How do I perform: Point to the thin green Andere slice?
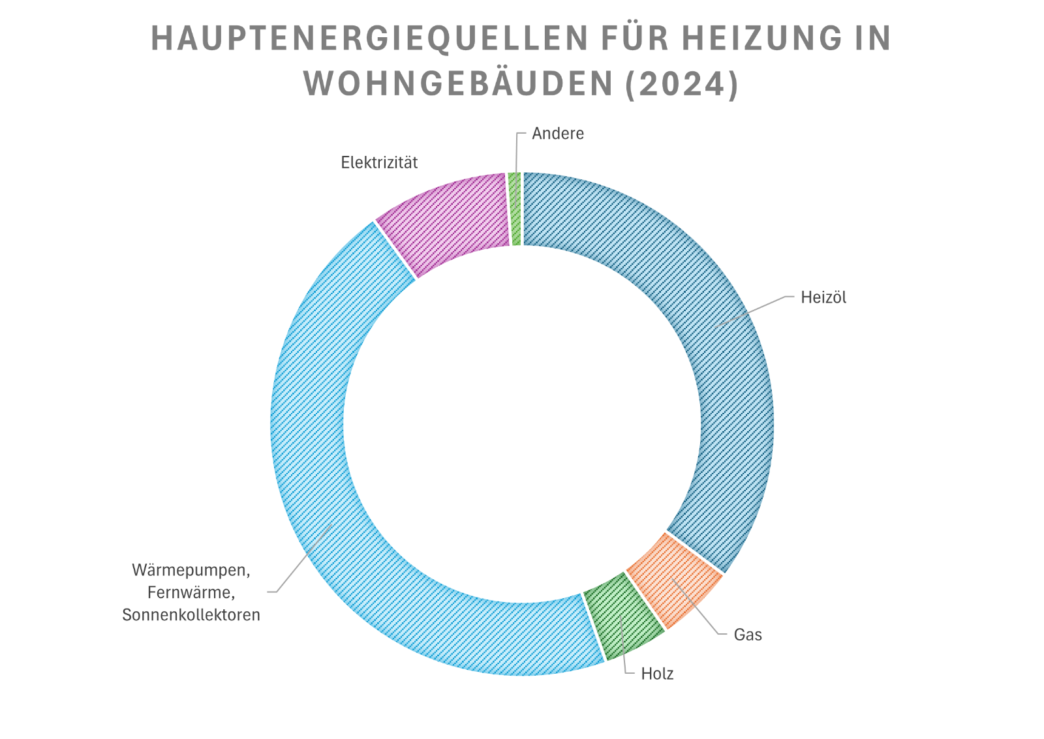click(515, 209)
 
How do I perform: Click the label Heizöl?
click(823, 297)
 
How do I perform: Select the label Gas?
click(748, 635)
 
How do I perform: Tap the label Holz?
click(657, 674)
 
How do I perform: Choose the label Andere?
click(558, 134)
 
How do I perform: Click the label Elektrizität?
click(379, 162)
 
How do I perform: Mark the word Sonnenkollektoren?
click(191, 615)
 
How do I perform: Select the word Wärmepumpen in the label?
click(191, 570)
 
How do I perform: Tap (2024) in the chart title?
click(681, 84)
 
